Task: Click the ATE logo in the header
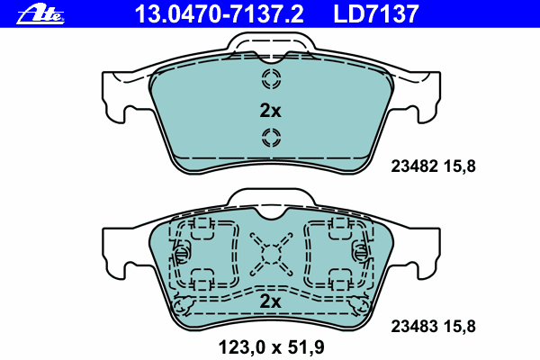coord(40,14)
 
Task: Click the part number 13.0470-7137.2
coord(220,14)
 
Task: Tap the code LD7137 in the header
coord(376,14)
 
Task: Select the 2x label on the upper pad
coord(270,111)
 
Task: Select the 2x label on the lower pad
coord(270,301)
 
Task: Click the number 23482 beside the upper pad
coord(414,166)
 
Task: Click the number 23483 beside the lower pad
coord(414,326)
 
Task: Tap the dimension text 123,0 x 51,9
coord(272,347)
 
